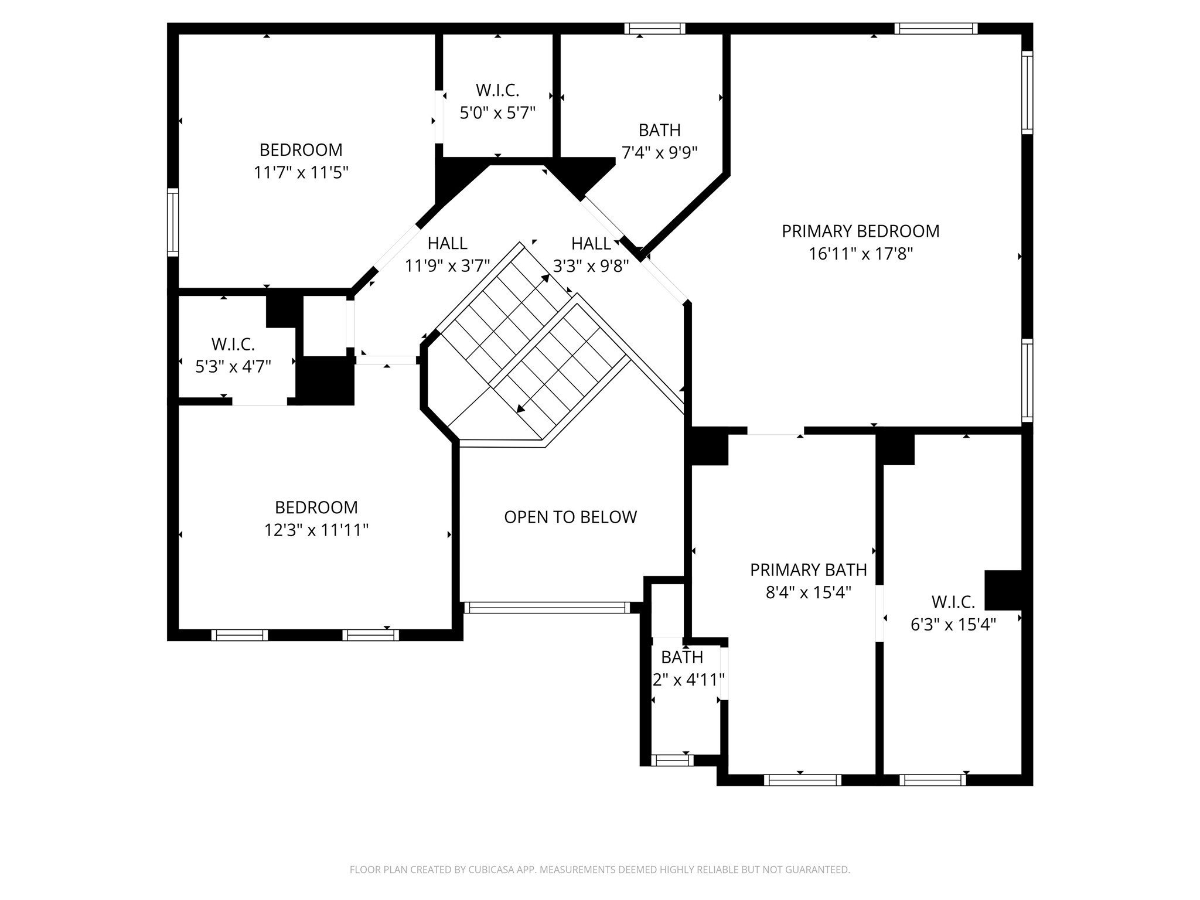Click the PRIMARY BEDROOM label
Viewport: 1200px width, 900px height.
[860, 231]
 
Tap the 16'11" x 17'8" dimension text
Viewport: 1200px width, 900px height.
[860, 254]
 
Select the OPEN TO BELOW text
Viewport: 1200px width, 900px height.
[570, 517]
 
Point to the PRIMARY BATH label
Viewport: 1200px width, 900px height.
[808, 570]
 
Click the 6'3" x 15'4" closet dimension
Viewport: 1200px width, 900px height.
[953, 625]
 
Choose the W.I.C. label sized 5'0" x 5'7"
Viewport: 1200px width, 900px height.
[497, 90]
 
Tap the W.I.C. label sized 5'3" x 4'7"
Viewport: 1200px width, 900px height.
[233, 344]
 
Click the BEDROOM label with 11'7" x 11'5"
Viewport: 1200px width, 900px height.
[301, 150]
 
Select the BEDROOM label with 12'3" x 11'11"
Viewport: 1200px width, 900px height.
[316, 507]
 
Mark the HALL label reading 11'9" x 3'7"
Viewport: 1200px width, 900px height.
[447, 243]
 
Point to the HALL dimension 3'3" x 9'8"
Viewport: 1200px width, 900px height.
[591, 267]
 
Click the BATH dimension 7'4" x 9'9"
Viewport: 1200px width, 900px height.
[659, 153]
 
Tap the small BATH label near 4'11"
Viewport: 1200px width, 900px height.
[682, 657]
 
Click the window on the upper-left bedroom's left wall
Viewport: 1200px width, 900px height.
[173, 222]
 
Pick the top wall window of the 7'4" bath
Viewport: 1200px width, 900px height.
[654, 29]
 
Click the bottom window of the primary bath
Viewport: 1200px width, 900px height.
[802, 780]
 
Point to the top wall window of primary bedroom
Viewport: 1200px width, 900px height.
[936, 29]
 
